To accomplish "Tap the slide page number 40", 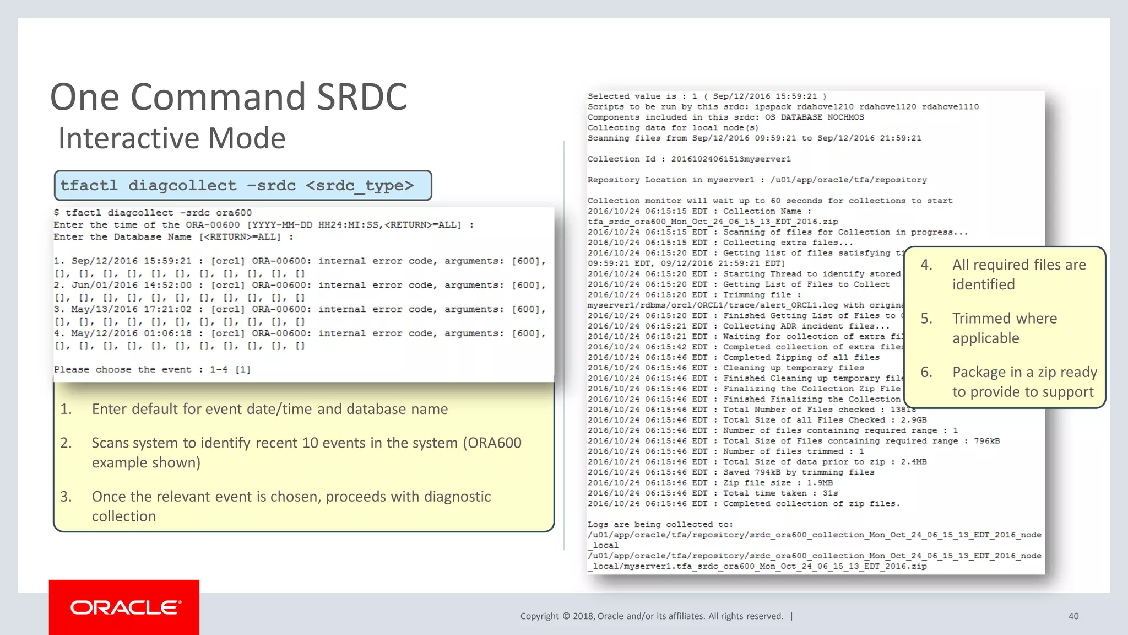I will [1073, 616].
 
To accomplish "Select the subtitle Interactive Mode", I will [172, 138].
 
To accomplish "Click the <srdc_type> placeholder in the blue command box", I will [359, 186].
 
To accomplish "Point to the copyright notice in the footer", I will [652, 616].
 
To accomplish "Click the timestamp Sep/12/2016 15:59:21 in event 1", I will [132, 261].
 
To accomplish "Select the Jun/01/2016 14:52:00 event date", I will [132, 286].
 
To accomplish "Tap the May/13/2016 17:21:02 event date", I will [132, 310].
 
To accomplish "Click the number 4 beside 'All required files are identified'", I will [926, 265].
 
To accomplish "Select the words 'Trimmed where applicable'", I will [1004, 328].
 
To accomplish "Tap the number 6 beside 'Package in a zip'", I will [926, 373].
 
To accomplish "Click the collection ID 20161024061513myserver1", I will [730, 159].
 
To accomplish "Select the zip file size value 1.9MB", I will [820, 483].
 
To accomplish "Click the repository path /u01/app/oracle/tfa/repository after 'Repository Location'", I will [848, 180].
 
